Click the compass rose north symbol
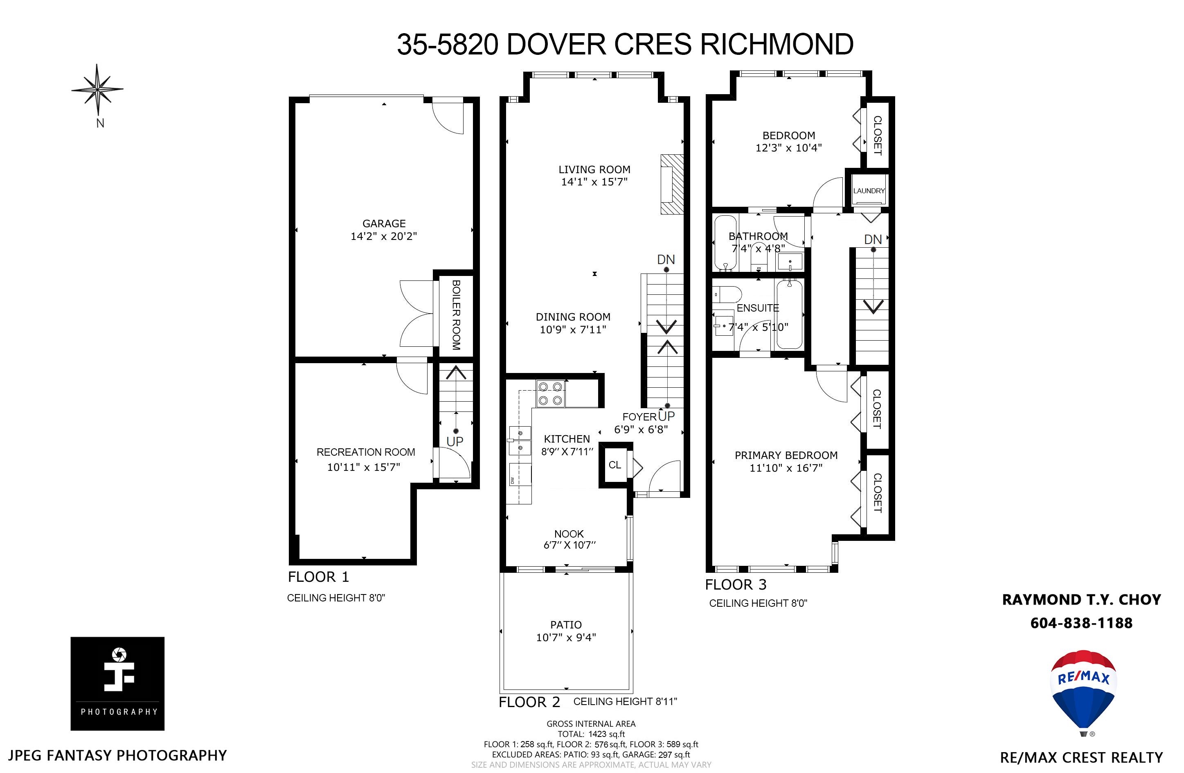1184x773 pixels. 97,90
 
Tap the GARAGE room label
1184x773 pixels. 384,224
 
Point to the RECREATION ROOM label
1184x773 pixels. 366,452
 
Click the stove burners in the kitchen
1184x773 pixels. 551,393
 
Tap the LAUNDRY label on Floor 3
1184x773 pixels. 869,191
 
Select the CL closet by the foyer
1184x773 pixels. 615,465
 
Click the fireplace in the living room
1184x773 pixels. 672,184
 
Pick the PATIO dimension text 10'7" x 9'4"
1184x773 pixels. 566,637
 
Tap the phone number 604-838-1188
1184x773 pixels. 1082,623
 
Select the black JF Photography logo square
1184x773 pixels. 117,683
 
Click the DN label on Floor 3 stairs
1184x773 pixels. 873,240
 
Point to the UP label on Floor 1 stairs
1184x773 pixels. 455,441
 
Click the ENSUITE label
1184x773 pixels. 758,308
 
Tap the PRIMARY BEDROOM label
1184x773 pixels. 786,455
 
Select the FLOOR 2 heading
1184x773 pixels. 529,702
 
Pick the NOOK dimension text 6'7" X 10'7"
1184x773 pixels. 569,545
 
